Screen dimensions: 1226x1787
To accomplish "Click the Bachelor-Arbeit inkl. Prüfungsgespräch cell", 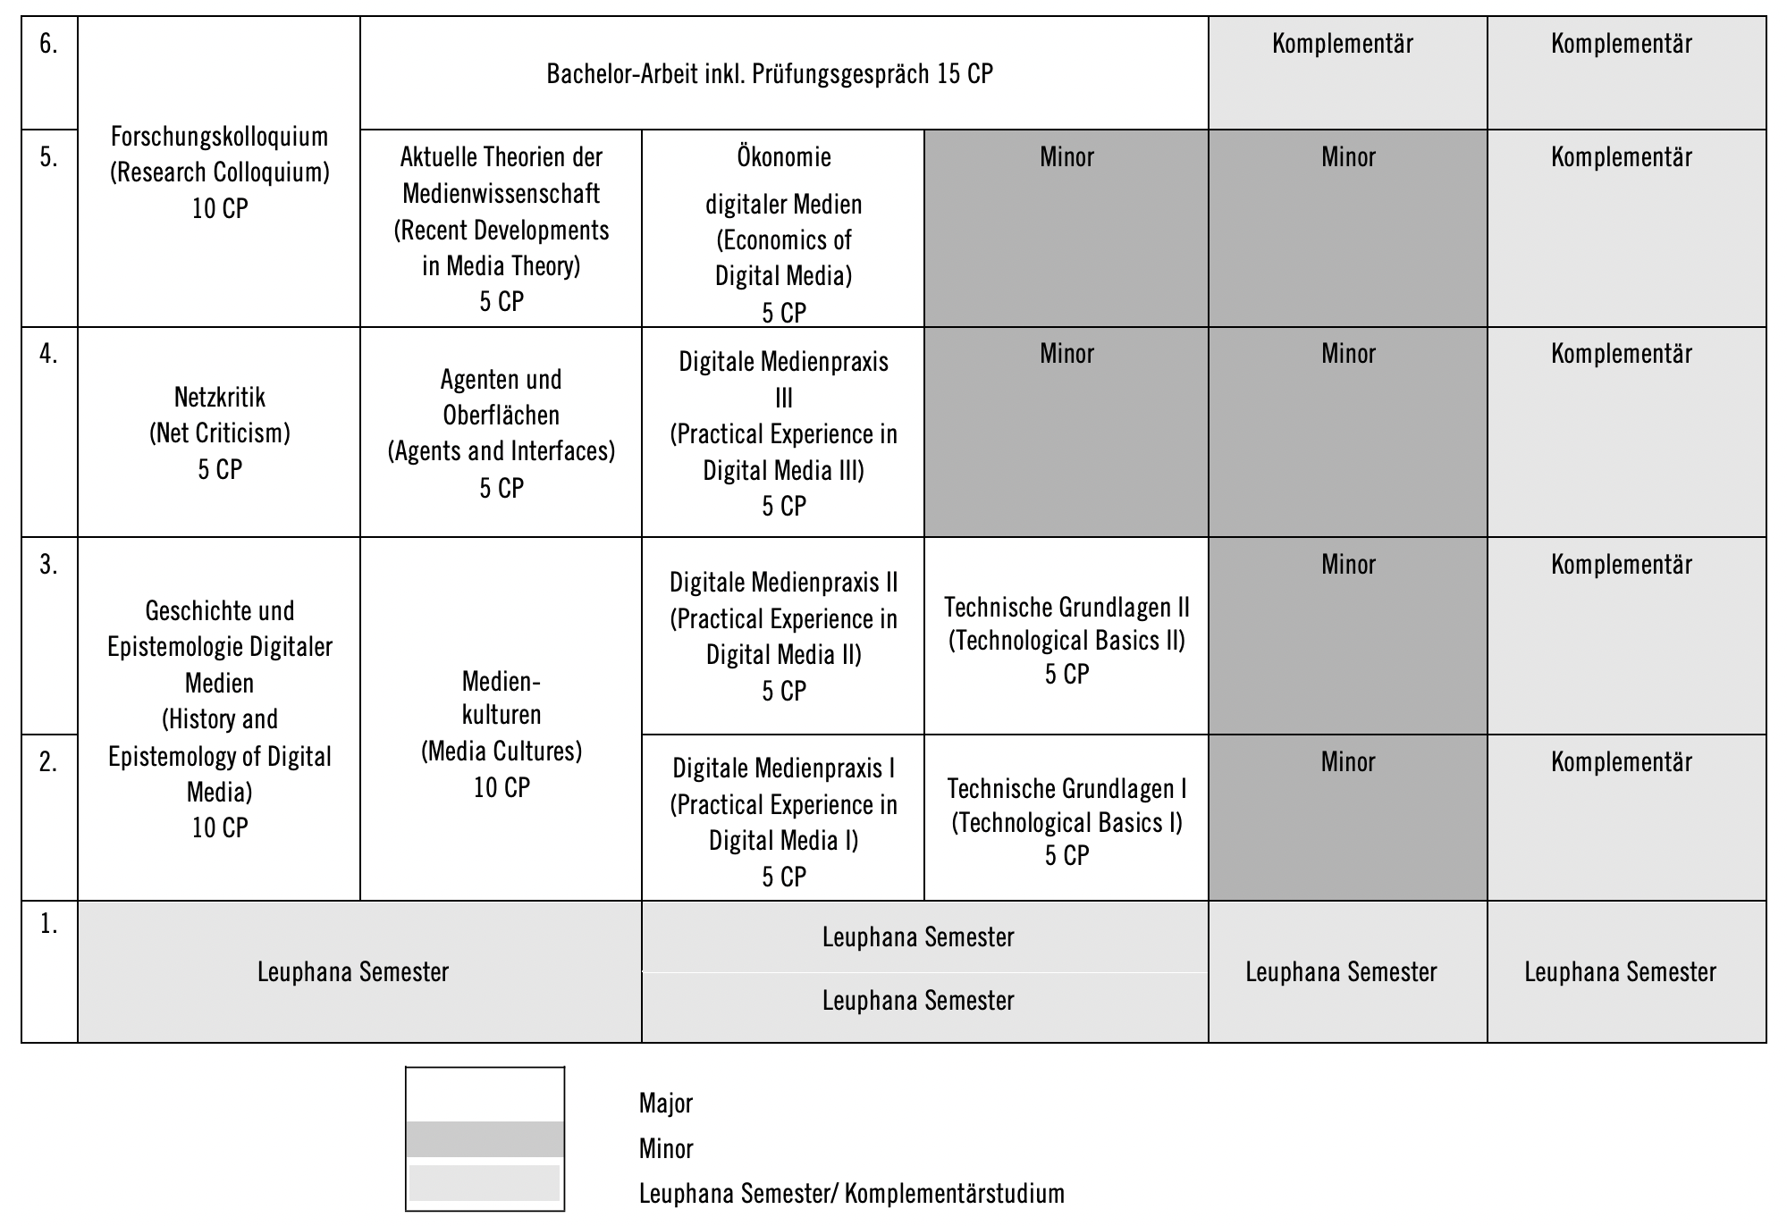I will click(770, 73).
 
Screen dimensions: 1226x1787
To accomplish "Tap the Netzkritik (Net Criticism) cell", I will click(219, 432).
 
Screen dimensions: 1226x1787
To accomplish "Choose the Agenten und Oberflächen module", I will click(501, 432).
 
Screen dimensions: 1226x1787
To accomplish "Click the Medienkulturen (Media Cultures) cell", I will click(501, 733).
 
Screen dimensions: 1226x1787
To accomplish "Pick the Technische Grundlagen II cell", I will click(1066, 640).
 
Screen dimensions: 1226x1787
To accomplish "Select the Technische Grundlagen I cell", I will click(1066, 821).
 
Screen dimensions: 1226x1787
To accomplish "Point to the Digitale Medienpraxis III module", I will click(783, 432).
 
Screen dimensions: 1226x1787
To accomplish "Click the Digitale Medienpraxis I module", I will click(783, 821).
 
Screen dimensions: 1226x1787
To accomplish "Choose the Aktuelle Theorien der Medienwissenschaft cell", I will click(501, 229).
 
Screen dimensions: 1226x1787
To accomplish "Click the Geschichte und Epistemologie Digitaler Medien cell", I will click(219, 718).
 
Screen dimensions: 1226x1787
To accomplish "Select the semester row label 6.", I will click(49, 44).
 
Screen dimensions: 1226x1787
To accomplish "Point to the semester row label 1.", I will click(49, 925).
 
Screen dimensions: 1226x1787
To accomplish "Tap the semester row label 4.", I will click(49, 354).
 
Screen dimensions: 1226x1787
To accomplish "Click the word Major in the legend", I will click(666, 1104).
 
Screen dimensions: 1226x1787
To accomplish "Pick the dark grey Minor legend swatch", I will click(485, 1139).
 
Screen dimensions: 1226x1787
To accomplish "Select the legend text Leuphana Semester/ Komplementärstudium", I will click(851, 1194).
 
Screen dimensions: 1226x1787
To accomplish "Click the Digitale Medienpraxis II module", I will click(783, 635).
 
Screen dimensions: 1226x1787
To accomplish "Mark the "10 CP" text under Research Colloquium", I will click(220, 209).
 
